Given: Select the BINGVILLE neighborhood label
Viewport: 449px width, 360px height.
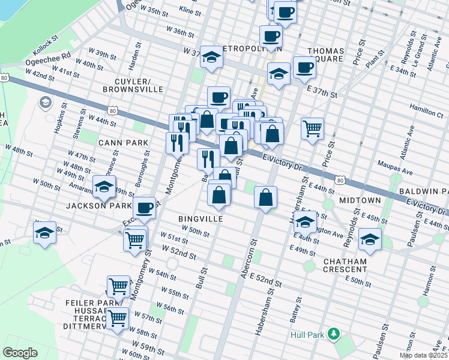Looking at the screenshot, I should (x=200, y=219).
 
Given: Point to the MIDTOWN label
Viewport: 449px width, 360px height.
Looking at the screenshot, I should (x=360, y=199).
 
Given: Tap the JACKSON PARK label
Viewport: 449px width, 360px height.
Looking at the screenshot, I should (x=98, y=205).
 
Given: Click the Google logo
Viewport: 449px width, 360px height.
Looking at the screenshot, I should (x=20, y=353).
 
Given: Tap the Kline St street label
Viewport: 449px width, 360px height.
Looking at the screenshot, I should (x=190, y=11).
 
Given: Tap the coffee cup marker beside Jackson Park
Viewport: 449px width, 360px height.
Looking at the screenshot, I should (x=144, y=208).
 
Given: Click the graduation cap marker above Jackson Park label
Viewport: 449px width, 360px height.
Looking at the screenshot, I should (x=104, y=185).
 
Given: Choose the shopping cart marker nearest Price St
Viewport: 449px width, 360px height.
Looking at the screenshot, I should (x=312, y=128).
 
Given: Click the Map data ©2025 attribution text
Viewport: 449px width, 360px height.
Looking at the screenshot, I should (x=423, y=355).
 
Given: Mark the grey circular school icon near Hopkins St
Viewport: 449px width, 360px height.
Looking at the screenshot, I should (x=45, y=103).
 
